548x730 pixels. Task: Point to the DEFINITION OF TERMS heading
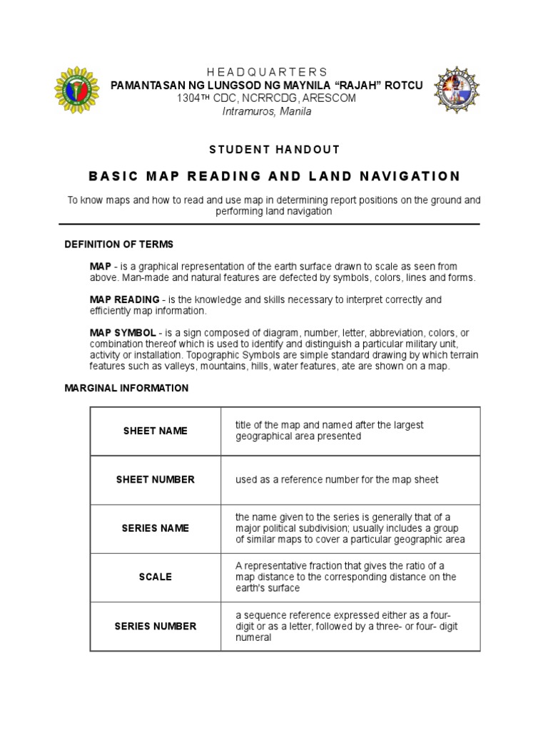pos(118,245)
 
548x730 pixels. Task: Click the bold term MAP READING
pos(124,299)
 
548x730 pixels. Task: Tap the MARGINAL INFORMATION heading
pos(126,389)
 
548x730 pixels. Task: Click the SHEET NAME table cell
pos(155,431)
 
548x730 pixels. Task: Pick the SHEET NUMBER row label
pos(155,480)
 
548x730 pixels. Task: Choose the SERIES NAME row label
pos(155,528)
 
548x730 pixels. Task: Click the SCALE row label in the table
pos(155,577)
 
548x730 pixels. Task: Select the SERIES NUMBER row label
pos(155,626)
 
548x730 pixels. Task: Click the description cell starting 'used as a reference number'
pos(337,480)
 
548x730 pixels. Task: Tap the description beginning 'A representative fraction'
pos(345,577)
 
